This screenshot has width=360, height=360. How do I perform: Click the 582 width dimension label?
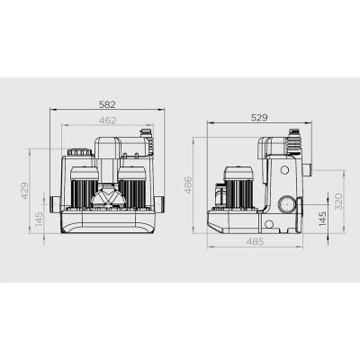(107, 104)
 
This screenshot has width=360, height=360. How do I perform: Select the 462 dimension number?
(107, 121)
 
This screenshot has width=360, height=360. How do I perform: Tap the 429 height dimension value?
(24, 190)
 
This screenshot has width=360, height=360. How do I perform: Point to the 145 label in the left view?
(40, 219)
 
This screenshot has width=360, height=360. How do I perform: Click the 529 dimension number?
(259, 118)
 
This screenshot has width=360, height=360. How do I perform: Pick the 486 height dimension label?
(188, 185)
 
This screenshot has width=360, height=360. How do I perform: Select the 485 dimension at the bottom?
(256, 241)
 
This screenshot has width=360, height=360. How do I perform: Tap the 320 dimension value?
(338, 201)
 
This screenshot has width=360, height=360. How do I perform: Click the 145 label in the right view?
(322, 219)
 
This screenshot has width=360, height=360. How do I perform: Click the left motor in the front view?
(85, 187)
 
